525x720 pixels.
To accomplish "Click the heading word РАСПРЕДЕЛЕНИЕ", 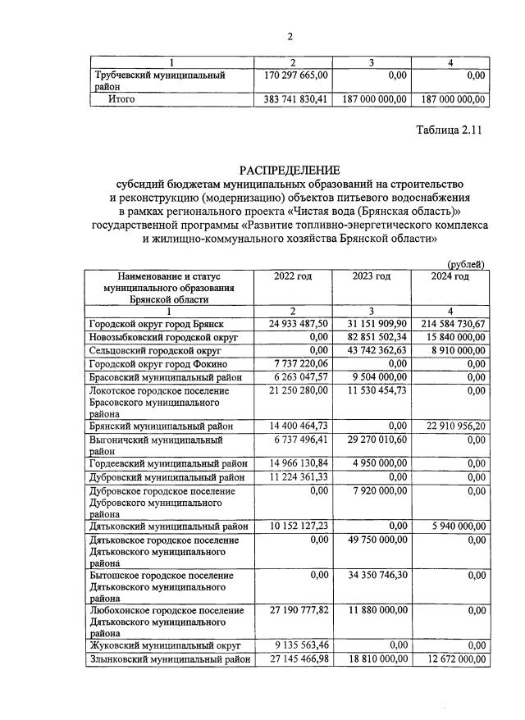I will tap(289, 170).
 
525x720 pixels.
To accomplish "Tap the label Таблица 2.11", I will tap(450, 130).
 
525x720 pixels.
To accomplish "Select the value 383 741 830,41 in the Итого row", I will tap(294, 100).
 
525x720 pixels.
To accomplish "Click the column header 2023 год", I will tap(371, 276).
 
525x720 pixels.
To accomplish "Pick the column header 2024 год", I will tap(450, 276).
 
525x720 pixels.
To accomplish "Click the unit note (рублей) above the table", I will tap(466, 264).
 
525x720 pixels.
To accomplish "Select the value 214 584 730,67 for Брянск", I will tap(450, 326).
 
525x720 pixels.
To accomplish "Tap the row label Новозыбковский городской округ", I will tap(163, 338).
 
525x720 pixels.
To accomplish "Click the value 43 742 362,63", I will tap(372, 351).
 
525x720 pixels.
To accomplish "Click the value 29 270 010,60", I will tap(372, 440).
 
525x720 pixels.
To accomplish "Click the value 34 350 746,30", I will tap(372, 576).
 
